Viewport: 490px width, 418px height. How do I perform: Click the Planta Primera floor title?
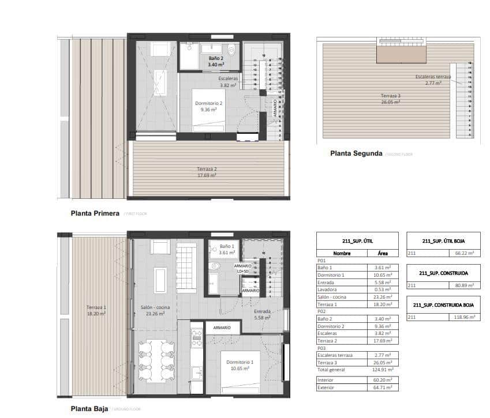95,213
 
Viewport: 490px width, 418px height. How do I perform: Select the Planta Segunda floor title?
356,153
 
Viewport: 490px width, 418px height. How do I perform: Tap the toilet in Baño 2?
232,50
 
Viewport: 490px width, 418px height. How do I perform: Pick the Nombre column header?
342,253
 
